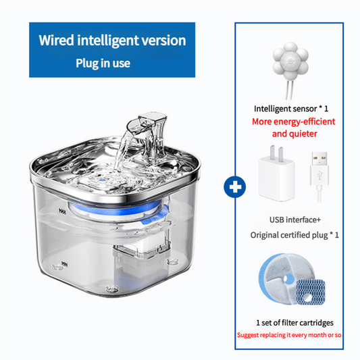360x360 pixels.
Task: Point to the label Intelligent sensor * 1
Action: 291,108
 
